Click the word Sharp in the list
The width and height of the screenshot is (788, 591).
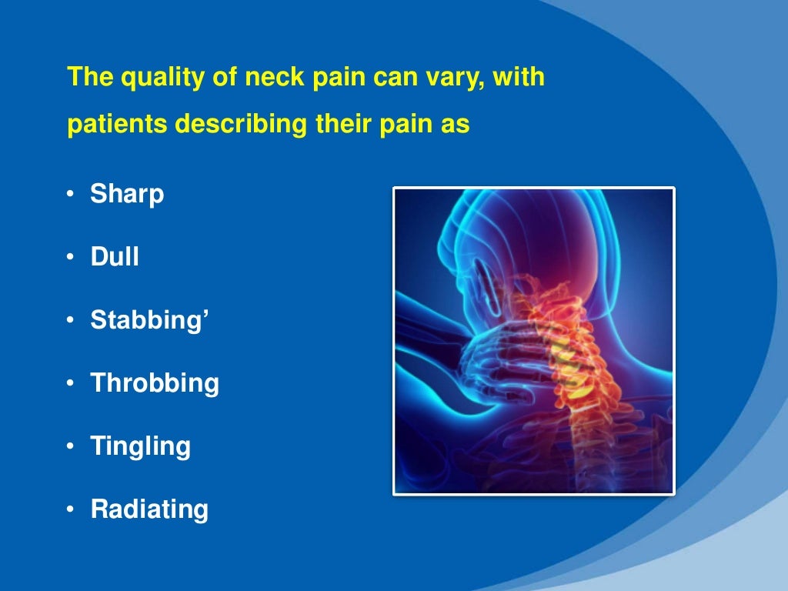[x=127, y=194]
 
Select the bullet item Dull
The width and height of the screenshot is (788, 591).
[x=115, y=257]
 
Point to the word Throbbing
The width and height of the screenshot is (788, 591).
[x=155, y=383]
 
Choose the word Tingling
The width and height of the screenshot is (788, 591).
[x=140, y=446]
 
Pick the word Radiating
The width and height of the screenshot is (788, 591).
[x=149, y=509]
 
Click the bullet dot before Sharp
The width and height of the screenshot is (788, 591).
[x=70, y=195]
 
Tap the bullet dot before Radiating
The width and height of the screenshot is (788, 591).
[x=70, y=510]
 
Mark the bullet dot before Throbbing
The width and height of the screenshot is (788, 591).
[x=70, y=384]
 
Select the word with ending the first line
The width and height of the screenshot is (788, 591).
[x=520, y=78]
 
